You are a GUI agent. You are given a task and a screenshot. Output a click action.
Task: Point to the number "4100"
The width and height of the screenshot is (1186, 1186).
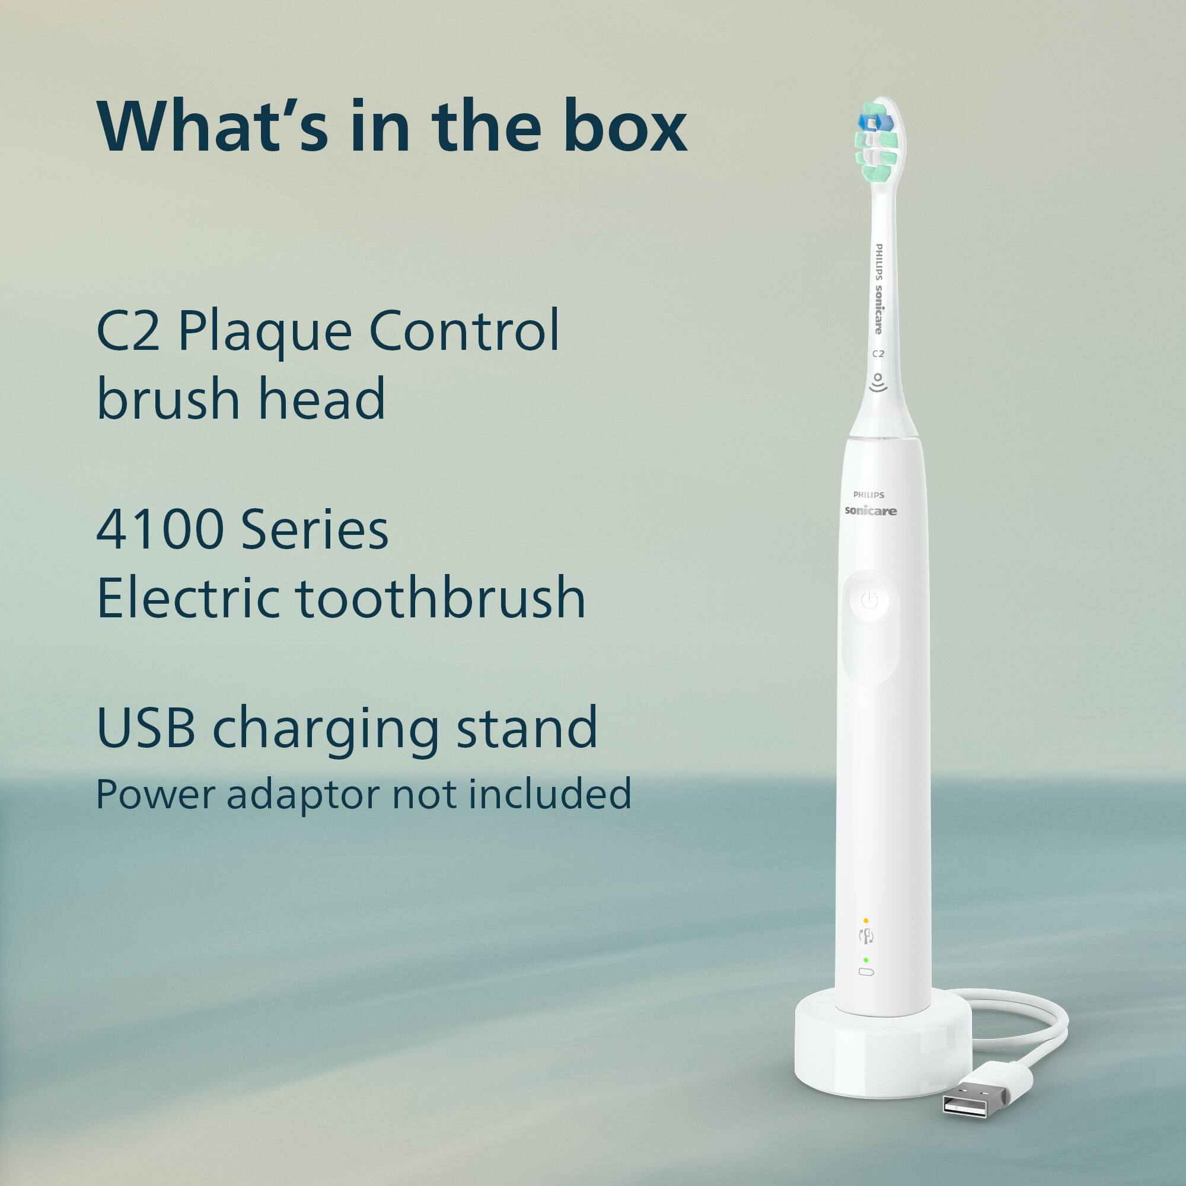click(x=160, y=529)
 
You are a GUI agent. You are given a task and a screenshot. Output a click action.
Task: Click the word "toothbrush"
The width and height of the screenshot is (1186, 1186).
click(x=441, y=598)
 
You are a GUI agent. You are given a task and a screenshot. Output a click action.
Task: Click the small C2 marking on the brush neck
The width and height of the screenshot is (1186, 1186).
click(x=878, y=353)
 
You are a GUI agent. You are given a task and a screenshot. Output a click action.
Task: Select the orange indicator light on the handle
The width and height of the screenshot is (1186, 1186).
click(x=866, y=921)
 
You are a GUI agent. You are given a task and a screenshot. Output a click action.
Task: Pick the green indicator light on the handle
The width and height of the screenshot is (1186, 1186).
click(x=866, y=959)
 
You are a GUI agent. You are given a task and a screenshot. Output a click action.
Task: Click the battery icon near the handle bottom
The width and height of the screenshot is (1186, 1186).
click(x=866, y=972)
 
